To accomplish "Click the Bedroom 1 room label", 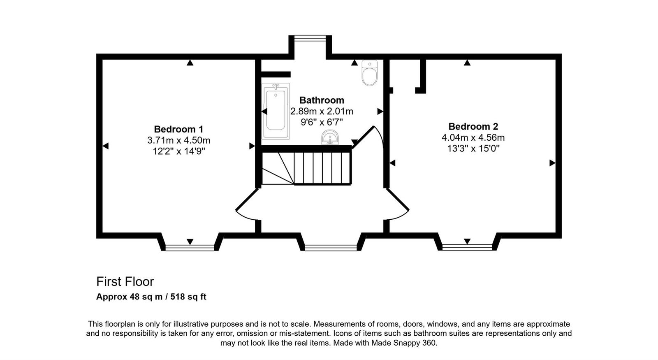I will (178, 129).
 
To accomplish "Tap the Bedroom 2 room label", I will (473, 126).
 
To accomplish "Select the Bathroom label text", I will (322, 100).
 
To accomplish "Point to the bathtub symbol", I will (276, 111).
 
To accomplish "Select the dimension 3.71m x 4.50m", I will (178, 140).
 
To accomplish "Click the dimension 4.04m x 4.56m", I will (473, 137).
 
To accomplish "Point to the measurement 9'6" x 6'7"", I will (322, 122).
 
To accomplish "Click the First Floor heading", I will (125, 281).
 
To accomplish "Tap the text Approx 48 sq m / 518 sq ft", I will (151, 297).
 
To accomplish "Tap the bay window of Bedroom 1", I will (190, 247).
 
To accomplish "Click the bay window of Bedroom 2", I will (467, 247).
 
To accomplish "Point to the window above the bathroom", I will (310, 38).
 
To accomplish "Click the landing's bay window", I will (331, 247).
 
